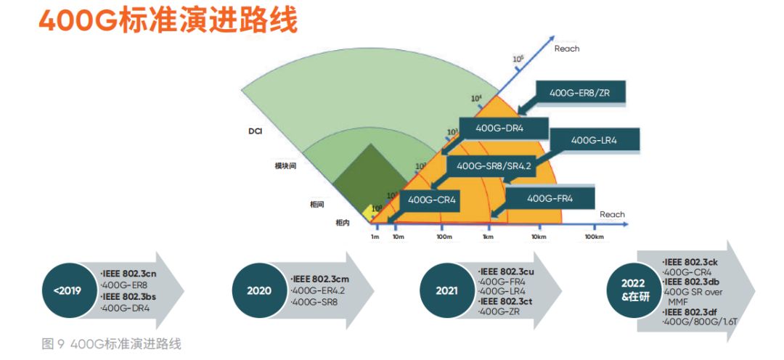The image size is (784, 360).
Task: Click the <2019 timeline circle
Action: [66, 290]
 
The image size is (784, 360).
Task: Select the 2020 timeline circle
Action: [259, 290]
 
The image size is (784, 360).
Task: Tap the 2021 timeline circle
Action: [447, 290]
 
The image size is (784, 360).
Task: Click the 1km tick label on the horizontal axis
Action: [489, 237]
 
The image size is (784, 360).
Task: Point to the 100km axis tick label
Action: [595, 237]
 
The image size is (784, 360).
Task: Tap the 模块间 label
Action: [285, 166]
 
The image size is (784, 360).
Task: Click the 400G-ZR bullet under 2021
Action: [500, 311]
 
